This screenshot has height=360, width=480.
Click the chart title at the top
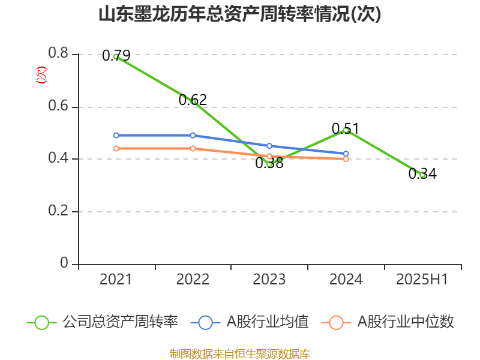(x=240, y=14)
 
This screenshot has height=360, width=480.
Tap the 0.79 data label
(x=116, y=56)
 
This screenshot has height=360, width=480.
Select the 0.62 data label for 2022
(x=193, y=100)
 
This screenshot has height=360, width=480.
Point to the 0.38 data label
(x=269, y=163)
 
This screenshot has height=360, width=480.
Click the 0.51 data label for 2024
(x=345, y=128)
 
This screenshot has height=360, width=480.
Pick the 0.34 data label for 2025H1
(x=422, y=174)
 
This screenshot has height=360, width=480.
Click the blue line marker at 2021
(x=116, y=135)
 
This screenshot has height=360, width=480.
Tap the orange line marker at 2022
(x=193, y=148)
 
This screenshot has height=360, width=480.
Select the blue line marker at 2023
(x=269, y=146)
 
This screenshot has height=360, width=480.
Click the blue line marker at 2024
(x=346, y=154)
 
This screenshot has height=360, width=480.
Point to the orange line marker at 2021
(x=116, y=148)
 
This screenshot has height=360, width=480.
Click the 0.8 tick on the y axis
(x=59, y=54)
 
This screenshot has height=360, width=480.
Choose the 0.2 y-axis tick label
(x=59, y=212)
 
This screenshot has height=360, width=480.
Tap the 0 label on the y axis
(x=64, y=264)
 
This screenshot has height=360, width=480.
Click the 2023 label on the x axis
(x=269, y=279)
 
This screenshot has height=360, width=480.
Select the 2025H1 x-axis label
(x=422, y=279)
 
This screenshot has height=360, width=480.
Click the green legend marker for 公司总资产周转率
(x=41, y=322)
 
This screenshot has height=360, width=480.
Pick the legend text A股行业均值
(x=267, y=322)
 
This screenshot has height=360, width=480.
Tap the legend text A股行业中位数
(x=406, y=322)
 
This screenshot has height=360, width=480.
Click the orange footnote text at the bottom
(x=240, y=353)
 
